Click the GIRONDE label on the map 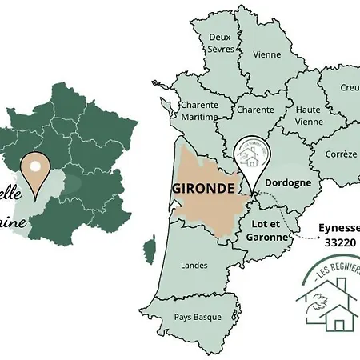click(x=202, y=189)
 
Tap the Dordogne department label click(x=287, y=182)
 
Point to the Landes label click(x=194, y=265)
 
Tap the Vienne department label click(x=266, y=54)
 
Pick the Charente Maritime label click(x=199, y=110)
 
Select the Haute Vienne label click(x=307, y=115)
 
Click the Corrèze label click(x=342, y=154)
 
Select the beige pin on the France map click(x=37, y=173)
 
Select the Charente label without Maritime click(x=255, y=110)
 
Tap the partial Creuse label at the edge click(x=350, y=86)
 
